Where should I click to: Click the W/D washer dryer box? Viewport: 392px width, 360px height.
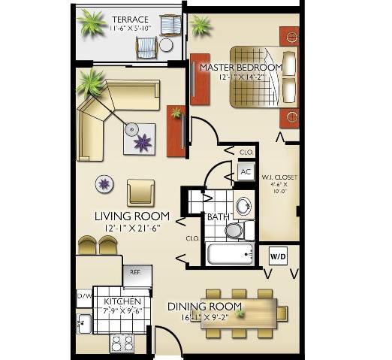point(277,256)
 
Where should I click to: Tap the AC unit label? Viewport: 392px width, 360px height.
point(245,171)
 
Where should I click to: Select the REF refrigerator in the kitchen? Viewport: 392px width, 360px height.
point(137,274)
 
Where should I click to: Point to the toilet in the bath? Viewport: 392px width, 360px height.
point(234,229)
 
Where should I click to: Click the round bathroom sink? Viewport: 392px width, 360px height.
point(243,205)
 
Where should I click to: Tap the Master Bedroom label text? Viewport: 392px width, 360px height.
point(240,67)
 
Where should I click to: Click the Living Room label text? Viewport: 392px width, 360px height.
point(131,216)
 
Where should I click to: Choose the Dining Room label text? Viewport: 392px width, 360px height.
point(204,306)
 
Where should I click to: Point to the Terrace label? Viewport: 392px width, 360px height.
point(130,18)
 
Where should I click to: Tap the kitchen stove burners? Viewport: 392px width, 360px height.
point(121,343)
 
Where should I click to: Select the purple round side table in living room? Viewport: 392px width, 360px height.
point(104,183)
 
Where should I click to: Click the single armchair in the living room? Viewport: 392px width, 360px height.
point(140,192)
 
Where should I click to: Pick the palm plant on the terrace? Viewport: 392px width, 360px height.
point(92,22)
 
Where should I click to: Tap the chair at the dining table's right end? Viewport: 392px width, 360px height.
point(282,312)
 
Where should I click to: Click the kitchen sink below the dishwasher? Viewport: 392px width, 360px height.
point(83,324)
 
